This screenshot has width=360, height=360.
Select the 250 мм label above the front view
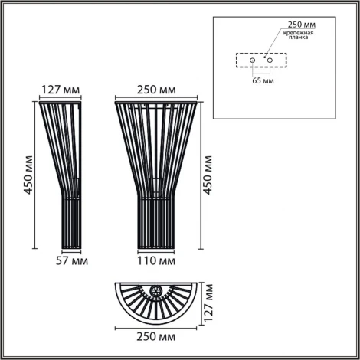coord(156,88)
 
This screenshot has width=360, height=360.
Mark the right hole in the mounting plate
coord(269,61)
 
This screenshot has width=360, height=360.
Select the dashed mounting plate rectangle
coord(260,61)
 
